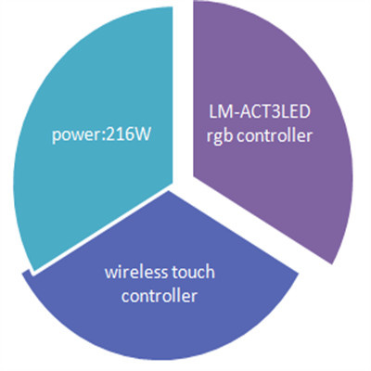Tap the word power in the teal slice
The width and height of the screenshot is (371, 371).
[76, 136]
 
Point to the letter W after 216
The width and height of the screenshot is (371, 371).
[142, 134]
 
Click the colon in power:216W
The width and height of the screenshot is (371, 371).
[103, 137]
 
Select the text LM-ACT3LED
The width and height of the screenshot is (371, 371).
[259, 112]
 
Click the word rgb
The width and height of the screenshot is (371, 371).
[221, 136]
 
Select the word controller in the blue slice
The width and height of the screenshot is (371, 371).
[160, 295]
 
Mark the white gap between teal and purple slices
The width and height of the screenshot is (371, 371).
[183, 93]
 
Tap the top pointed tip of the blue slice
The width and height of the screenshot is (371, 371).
[169, 191]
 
